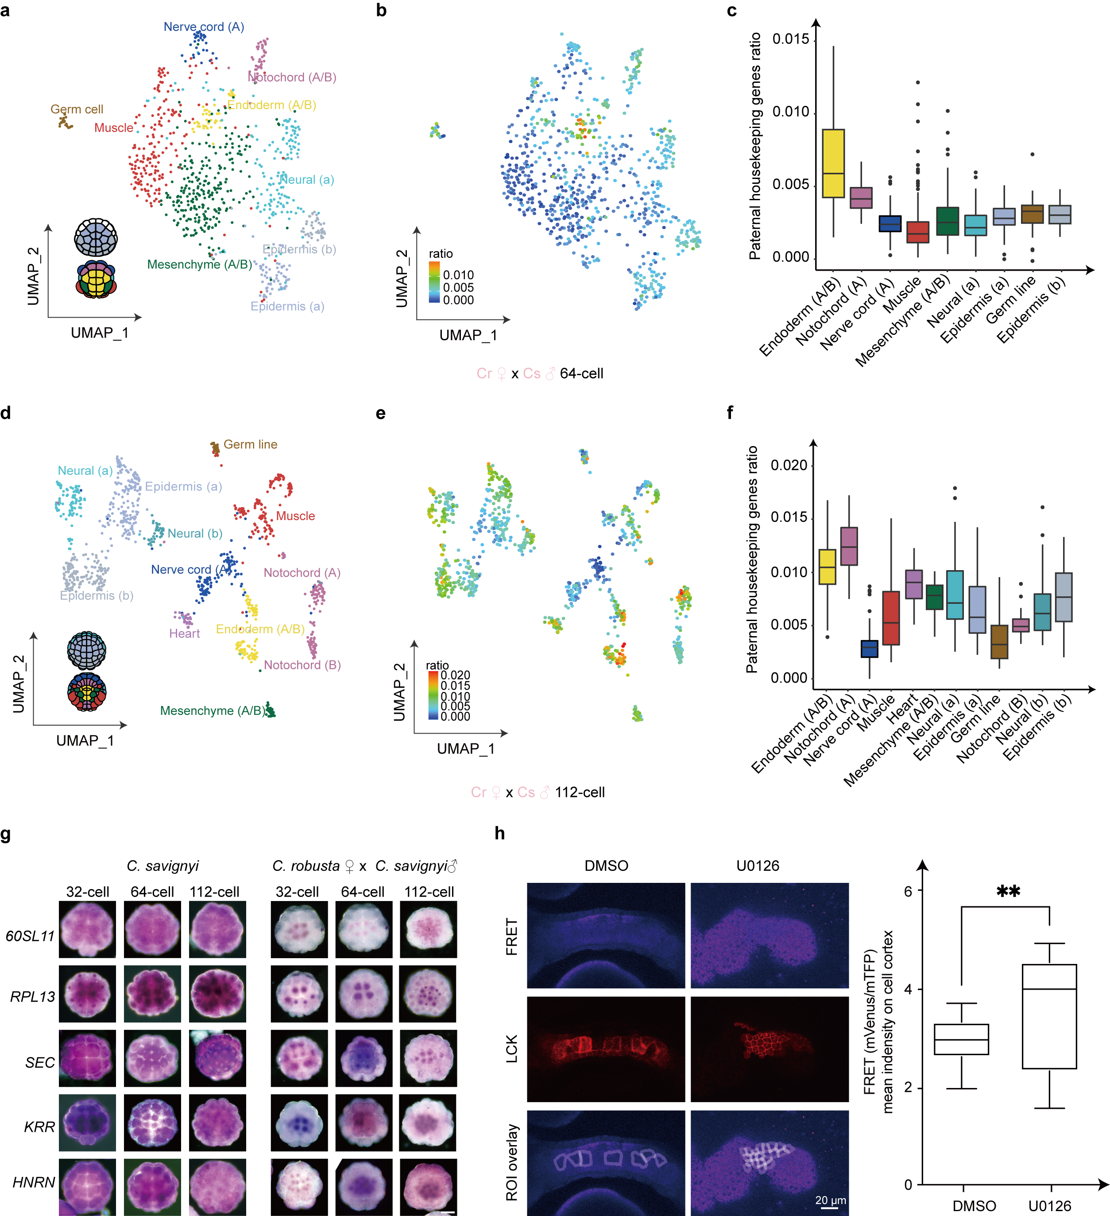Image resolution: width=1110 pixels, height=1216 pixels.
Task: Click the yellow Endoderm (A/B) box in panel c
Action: click(833, 163)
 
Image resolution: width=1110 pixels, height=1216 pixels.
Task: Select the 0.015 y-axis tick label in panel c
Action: click(790, 40)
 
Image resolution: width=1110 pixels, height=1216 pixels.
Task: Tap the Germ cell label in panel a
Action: click(77, 109)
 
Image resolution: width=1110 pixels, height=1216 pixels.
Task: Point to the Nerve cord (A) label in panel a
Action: click(204, 27)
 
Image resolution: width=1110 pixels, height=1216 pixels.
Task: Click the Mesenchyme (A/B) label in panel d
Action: click(212, 711)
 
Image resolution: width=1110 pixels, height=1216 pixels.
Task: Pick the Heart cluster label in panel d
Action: click(185, 633)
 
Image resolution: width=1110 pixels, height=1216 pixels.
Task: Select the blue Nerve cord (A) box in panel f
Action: click(869, 649)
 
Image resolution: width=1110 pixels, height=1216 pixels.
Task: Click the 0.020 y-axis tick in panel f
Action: click(789, 465)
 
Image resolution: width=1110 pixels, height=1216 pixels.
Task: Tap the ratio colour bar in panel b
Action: click(433, 282)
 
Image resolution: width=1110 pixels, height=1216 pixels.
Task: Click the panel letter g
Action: click(6, 834)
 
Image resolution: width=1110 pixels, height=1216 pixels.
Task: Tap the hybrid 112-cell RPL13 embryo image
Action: click(428, 994)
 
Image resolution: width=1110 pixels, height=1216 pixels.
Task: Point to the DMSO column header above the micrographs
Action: click(606, 866)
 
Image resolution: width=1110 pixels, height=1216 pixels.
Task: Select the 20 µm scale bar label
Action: click(830, 1200)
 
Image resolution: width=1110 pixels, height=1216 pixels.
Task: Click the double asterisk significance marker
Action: click(1008, 891)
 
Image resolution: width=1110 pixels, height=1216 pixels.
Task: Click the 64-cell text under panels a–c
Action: click(581, 373)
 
